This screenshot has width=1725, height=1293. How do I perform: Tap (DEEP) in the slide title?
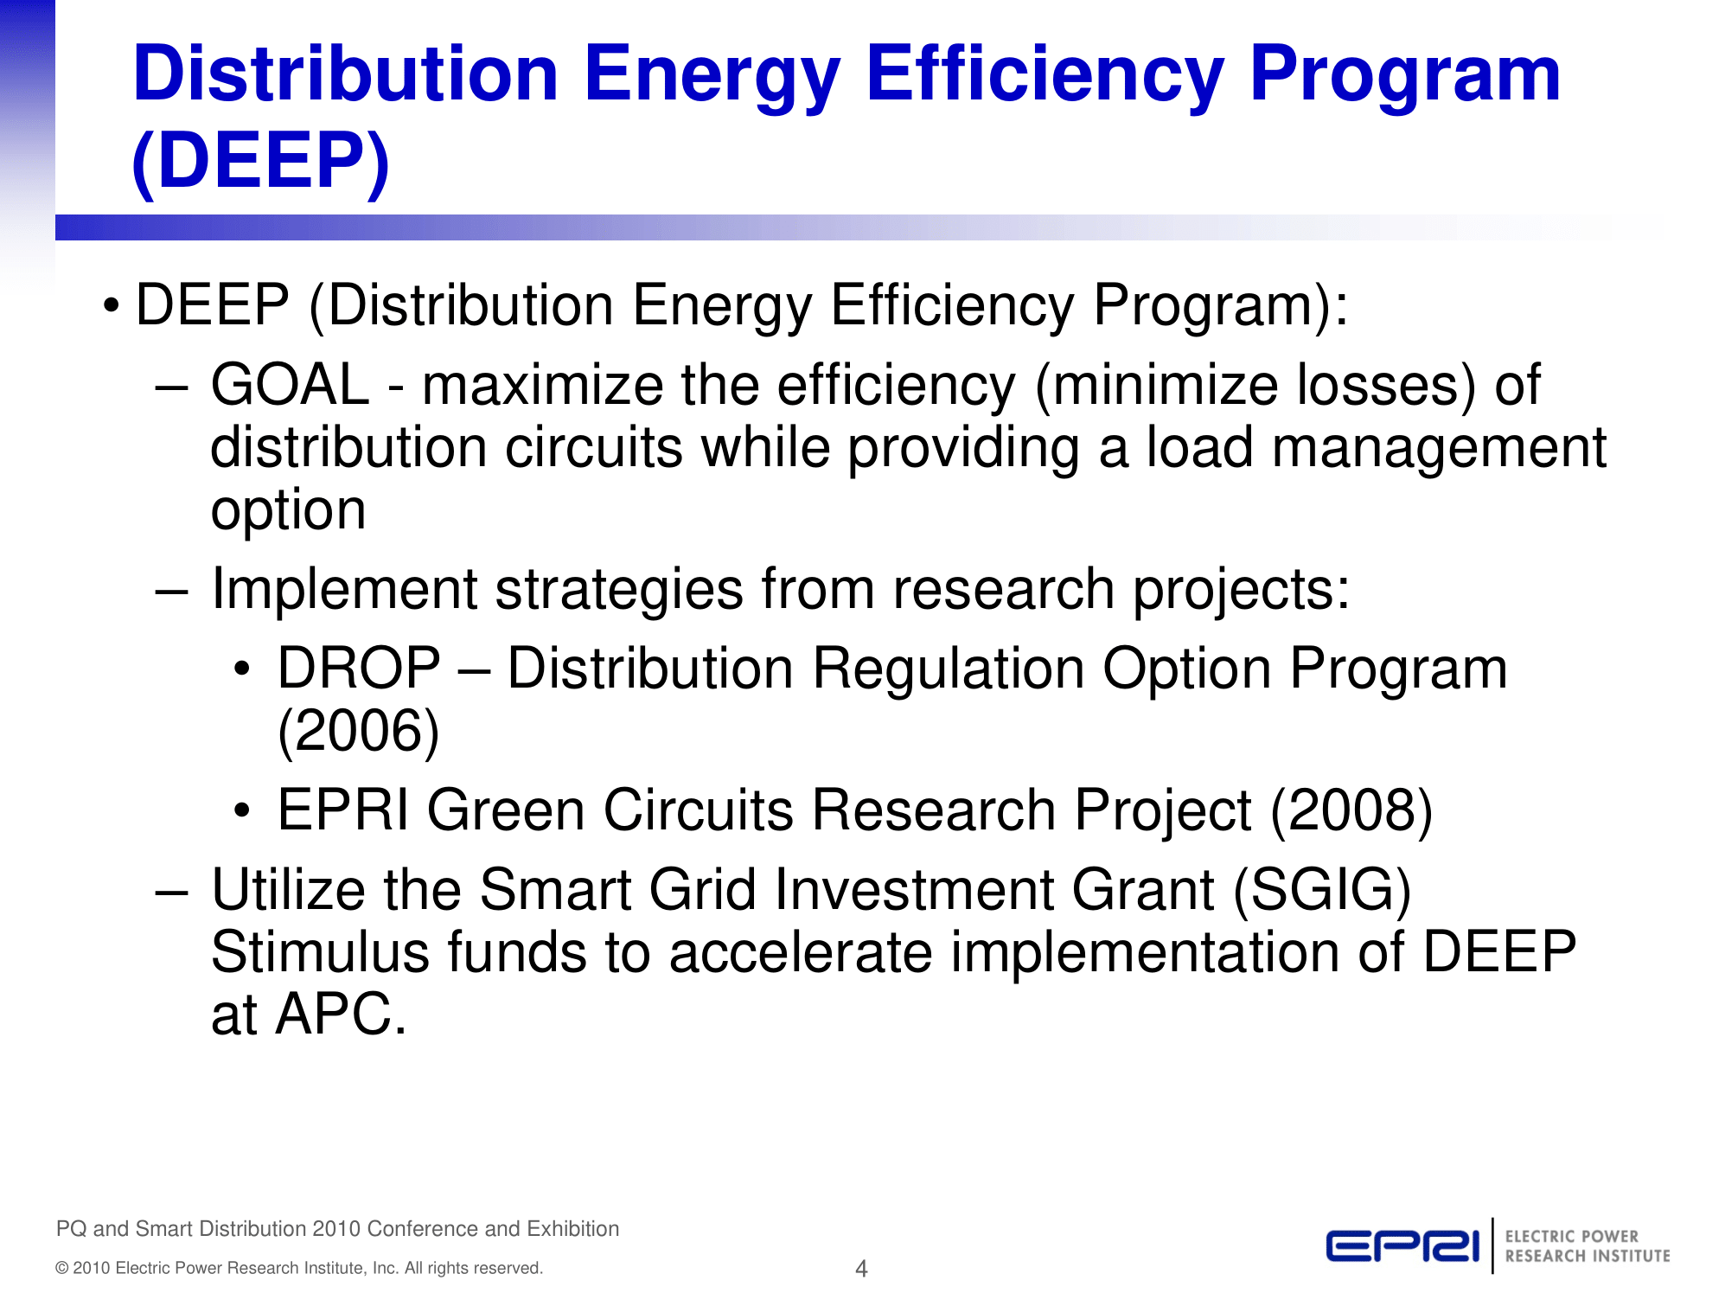(260, 162)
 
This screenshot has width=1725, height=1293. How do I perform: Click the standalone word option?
(288, 510)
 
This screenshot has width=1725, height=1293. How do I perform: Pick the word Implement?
(343, 590)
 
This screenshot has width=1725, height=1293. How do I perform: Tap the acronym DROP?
(359, 669)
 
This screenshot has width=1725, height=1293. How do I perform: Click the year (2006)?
(358, 732)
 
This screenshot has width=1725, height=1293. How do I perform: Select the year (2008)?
(1351, 810)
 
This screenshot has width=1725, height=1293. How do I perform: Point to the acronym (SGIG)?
(1321, 890)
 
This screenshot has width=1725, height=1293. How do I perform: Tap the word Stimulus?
(319, 952)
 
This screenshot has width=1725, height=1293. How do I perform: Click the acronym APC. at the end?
(341, 1015)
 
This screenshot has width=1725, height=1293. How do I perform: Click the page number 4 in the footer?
(860, 1269)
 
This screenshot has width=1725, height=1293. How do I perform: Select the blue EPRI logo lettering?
(1402, 1246)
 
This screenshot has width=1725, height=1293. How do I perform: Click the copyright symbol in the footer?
(61, 1269)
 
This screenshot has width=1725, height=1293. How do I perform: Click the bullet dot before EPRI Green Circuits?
(242, 811)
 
